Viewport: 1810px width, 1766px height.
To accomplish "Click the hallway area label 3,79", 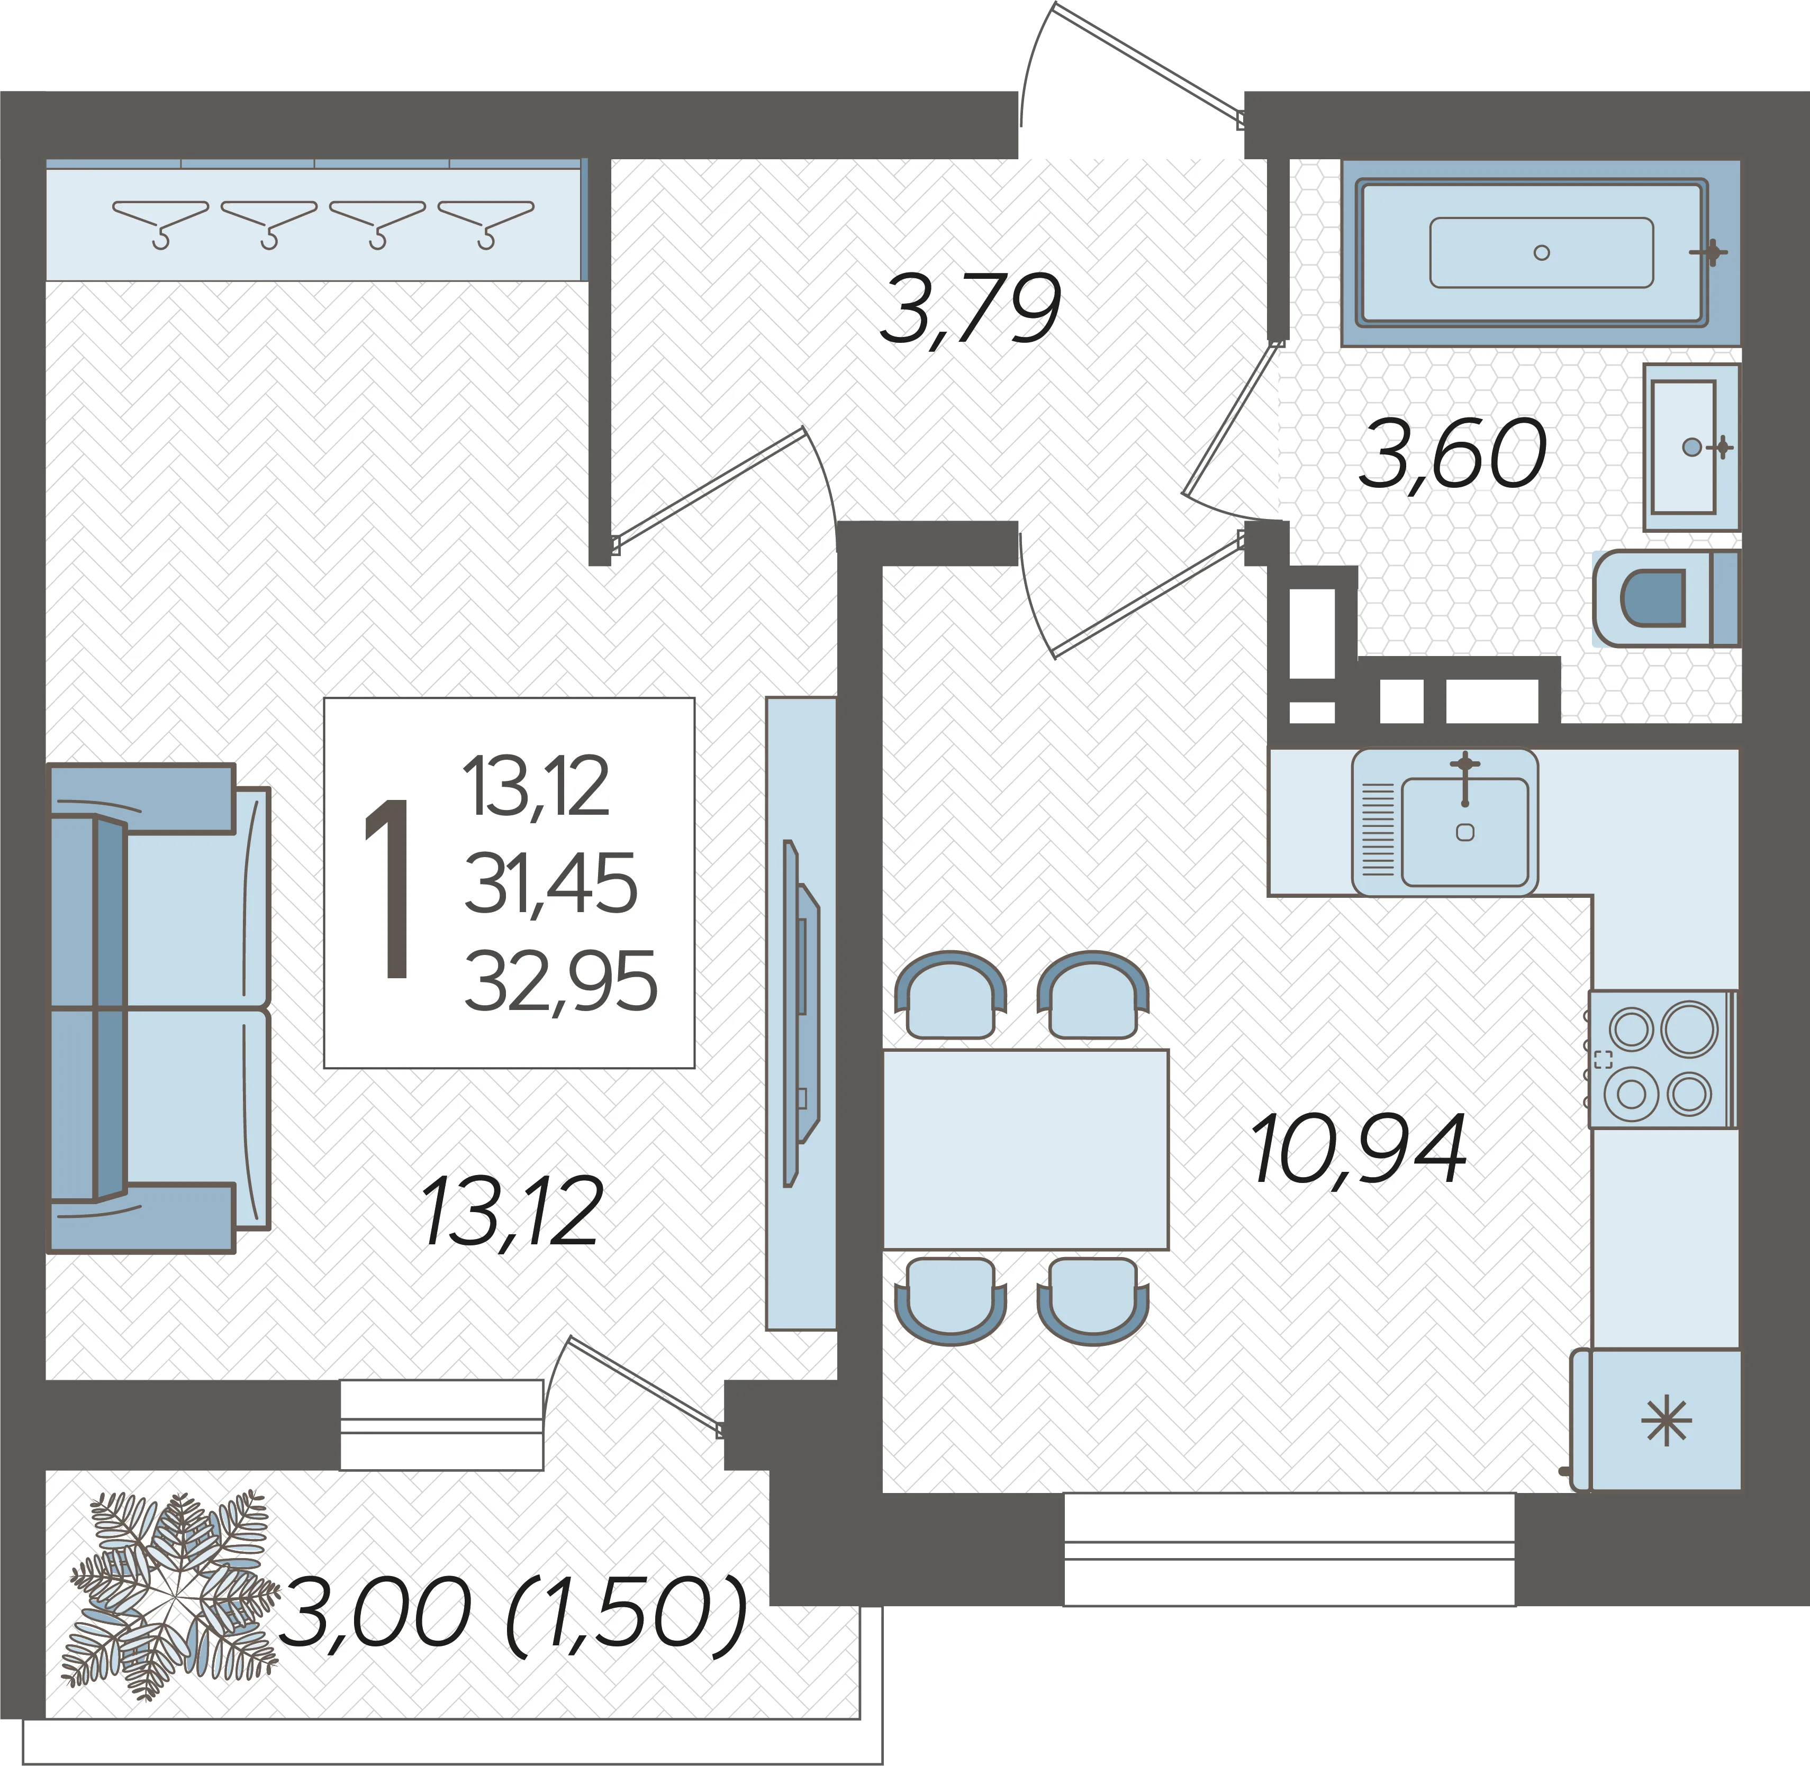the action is (971, 309).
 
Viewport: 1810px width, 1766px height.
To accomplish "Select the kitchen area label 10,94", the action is (1359, 1150).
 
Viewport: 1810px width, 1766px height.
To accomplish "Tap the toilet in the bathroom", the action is (1666, 598).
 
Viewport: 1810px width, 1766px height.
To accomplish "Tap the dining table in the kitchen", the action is (1025, 1149).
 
